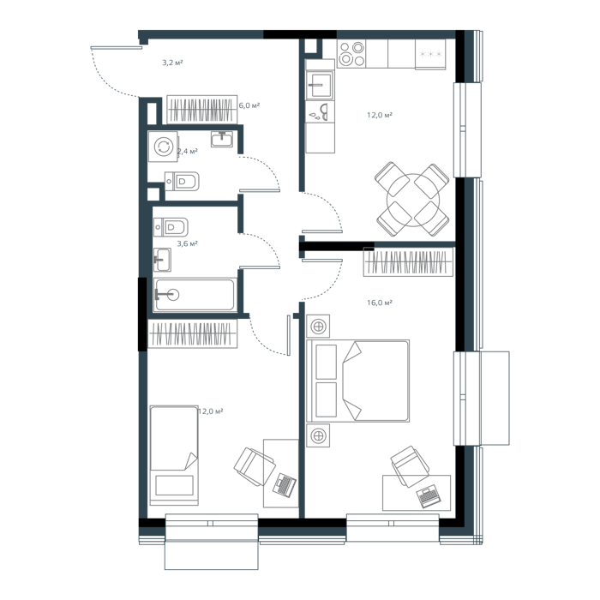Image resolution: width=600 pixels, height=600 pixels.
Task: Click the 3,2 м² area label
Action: coord(172,63)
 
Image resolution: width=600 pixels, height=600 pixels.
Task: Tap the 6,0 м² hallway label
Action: coord(249,105)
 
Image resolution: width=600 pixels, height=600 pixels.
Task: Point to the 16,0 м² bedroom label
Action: coord(380,303)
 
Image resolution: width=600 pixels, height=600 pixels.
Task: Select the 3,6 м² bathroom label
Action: coord(187,243)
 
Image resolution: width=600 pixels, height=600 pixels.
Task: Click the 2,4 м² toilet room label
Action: coord(188,151)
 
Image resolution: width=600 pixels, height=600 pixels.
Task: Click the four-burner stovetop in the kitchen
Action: coord(351,53)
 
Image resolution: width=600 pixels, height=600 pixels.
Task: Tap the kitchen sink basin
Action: coord(321,84)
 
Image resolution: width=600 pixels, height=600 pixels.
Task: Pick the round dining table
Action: coord(413,200)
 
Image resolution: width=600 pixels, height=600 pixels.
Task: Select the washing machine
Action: coord(164,147)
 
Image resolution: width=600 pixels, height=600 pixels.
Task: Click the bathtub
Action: coord(195,295)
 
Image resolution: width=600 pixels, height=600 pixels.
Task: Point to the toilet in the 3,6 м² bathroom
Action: coord(171,227)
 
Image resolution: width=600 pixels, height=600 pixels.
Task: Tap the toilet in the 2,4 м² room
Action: coord(182,182)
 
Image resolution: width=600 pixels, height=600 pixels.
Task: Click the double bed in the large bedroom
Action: coord(357,381)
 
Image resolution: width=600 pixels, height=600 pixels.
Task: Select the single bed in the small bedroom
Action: coord(174,455)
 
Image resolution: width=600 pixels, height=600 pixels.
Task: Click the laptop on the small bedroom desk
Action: coord(285,485)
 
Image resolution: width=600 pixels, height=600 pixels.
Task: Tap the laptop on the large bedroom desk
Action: coord(429,496)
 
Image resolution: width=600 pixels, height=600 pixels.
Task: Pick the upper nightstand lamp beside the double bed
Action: coord(318,327)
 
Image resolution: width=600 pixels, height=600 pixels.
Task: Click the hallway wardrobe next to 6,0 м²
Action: coord(201,110)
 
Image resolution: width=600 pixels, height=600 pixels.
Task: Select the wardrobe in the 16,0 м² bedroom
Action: coord(408,262)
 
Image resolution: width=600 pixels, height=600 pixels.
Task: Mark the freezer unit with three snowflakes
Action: coord(430,54)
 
